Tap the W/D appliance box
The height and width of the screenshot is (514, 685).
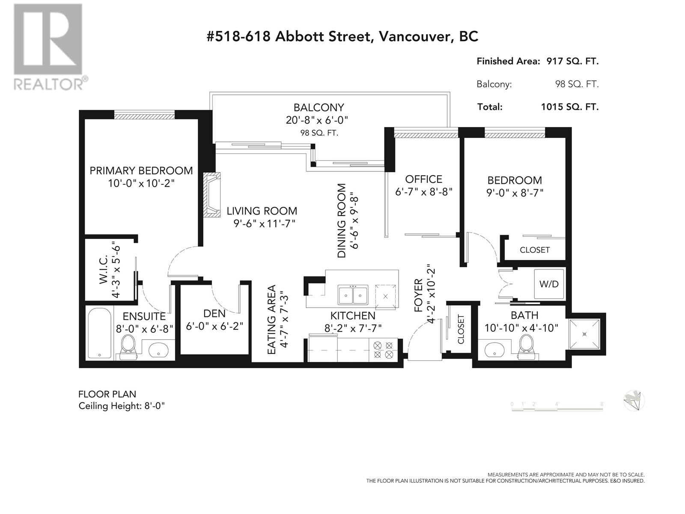[x=549, y=284]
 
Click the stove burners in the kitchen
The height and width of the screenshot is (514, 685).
[x=383, y=350]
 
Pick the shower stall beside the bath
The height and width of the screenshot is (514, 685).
[x=584, y=334]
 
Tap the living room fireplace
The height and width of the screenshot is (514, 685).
[x=212, y=194]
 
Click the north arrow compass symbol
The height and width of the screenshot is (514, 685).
[x=634, y=401]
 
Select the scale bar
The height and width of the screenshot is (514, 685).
[x=557, y=406]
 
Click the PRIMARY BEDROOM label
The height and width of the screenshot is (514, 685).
[x=141, y=171]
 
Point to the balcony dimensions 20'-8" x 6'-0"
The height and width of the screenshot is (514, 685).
[x=317, y=120]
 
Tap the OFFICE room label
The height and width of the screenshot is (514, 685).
[x=423, y=179]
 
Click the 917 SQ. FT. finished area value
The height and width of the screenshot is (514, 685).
[x=572, y=61]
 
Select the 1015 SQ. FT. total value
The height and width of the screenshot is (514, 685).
[x=569, y=107]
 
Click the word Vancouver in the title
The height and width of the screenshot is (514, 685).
[x=414, y=37]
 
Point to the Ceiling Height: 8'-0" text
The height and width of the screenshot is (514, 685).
[x=122, y=406]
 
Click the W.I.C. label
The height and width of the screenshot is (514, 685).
[x=103, y=270]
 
